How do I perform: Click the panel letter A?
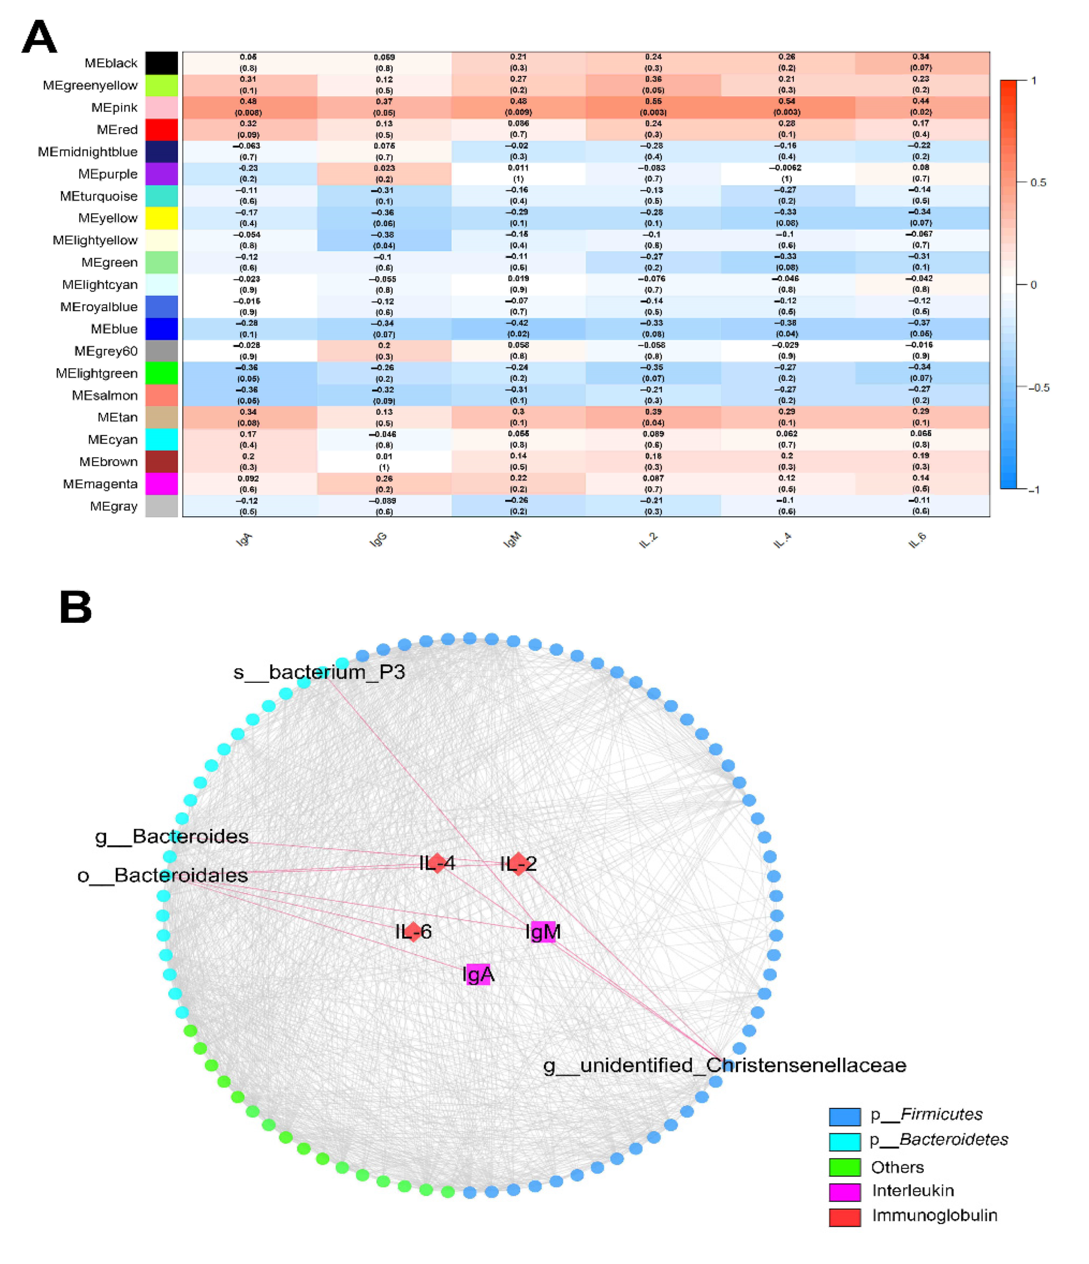39,38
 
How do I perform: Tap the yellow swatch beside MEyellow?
162,218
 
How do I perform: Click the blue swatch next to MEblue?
162,329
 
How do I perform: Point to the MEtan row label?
117,417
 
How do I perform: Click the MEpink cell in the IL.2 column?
653,107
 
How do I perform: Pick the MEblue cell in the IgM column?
518,328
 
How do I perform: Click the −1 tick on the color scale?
1034,489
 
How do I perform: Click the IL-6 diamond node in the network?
413,932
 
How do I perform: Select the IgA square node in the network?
479,974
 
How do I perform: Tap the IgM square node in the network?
543,932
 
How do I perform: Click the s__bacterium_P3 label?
319,672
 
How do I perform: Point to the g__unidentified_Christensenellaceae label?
724,1065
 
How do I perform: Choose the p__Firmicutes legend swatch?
845,1116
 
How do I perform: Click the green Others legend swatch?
845,1167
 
